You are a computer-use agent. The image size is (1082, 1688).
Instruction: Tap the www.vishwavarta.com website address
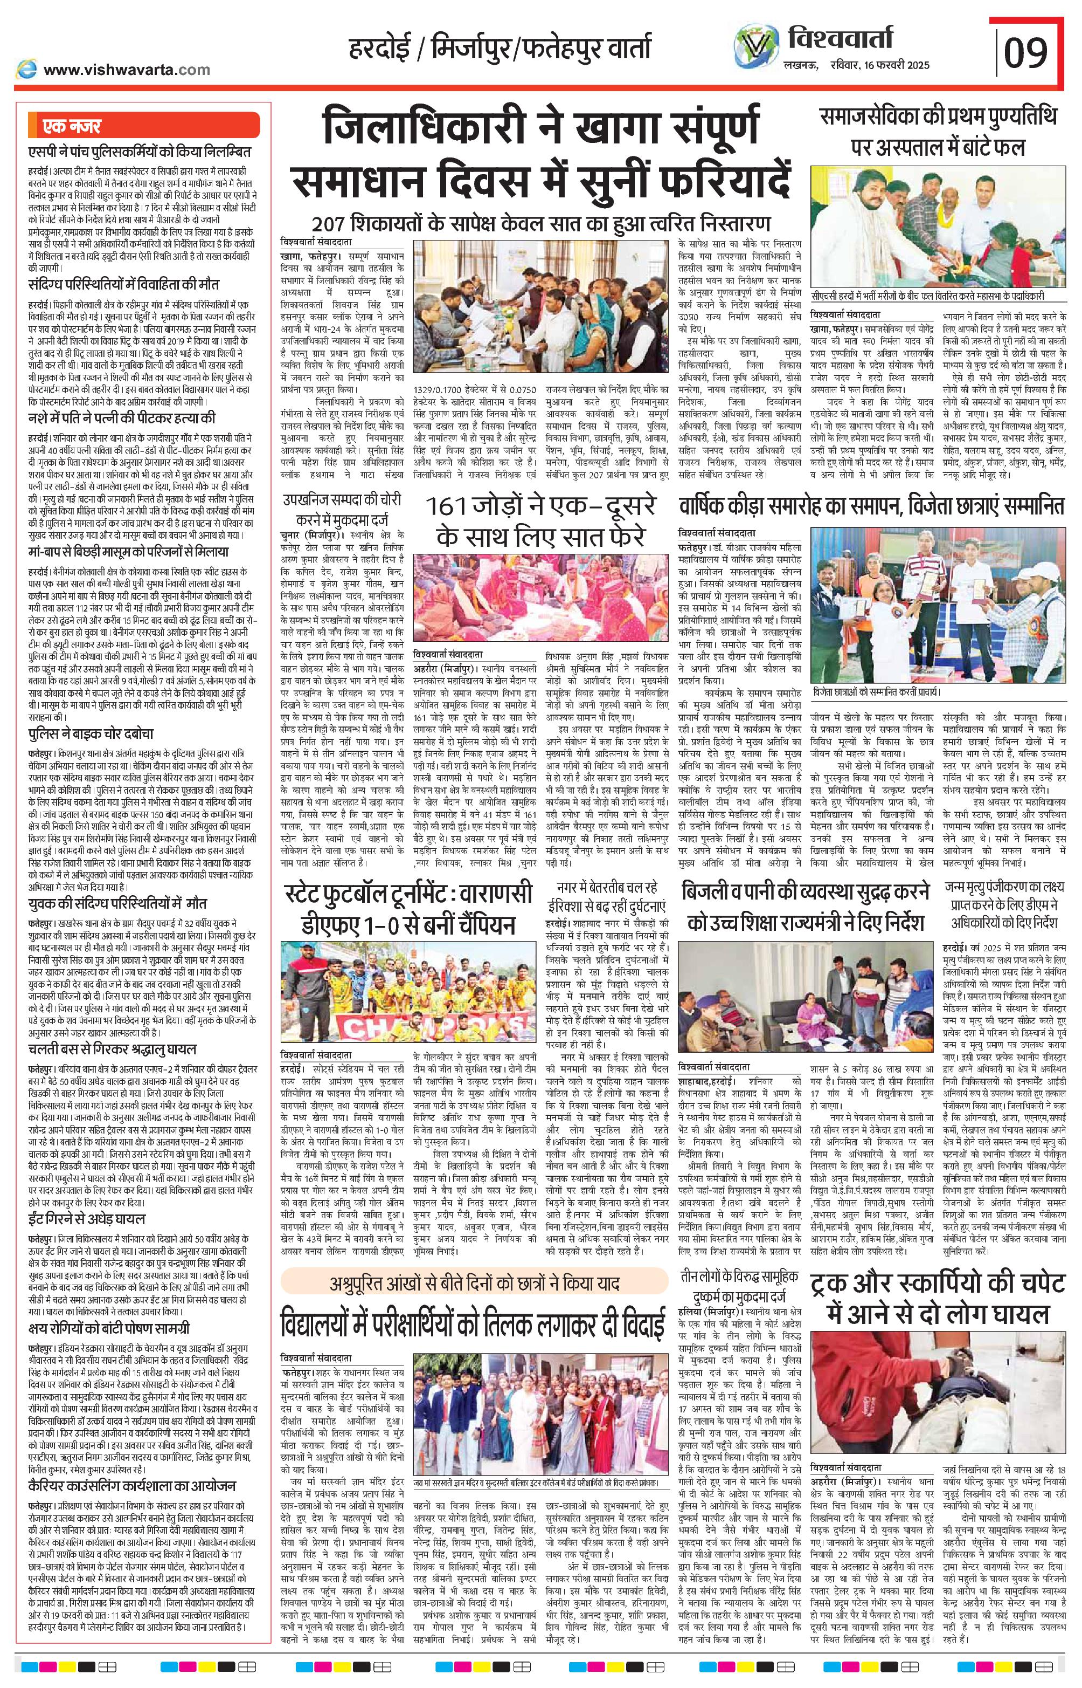point(127,70)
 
